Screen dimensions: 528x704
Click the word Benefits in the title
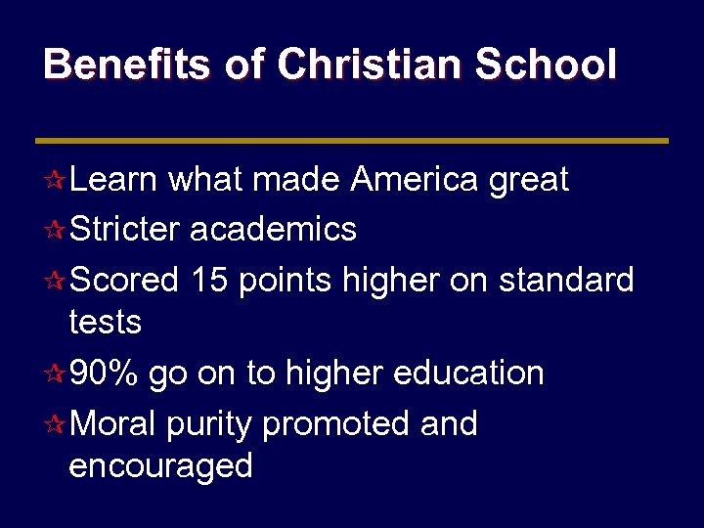(x=125, y=65)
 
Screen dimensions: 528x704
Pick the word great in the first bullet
(x=530, y=181)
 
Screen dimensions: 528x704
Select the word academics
(x=273, y=229)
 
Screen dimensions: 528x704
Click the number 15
(x=211, y=280)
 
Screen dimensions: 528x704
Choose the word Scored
(x=125, y=280)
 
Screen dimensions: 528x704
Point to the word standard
(x=566, y=280)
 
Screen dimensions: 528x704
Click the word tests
(x=105, y=321)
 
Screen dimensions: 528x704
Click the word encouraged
(x=160, y=466)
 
